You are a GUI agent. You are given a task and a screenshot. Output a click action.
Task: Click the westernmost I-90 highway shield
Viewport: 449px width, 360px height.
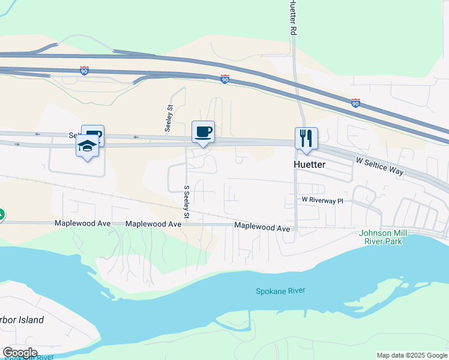point(84,70)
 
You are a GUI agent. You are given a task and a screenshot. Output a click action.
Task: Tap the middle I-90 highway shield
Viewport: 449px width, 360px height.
point(224,79)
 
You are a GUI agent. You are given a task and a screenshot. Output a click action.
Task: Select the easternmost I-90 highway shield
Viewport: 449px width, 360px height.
point(355,103)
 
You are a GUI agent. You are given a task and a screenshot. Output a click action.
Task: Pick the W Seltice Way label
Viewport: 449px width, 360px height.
point(379,166)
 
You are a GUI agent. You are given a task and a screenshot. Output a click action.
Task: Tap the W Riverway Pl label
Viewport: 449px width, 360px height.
point(322,200)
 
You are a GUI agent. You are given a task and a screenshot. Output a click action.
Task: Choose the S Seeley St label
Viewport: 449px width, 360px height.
point(187,202)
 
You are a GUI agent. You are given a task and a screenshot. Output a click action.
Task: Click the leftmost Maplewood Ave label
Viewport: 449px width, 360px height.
point(83,223)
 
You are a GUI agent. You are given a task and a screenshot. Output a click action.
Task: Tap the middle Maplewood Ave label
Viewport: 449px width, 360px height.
point(153,224)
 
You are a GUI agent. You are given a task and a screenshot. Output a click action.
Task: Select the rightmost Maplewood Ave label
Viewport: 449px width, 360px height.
point(262,227)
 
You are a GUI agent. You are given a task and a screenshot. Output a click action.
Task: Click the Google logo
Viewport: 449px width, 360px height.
point(19,353)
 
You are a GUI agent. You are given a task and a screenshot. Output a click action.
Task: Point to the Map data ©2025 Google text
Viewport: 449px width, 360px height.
point(412,355)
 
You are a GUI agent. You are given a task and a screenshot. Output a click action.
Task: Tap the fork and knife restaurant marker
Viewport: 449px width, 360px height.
point(306,139)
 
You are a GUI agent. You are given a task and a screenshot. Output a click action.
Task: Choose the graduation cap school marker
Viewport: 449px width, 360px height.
point(88,146)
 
